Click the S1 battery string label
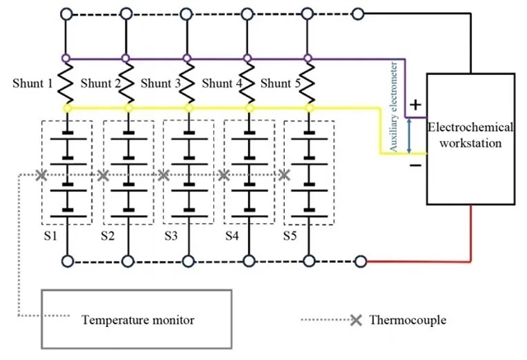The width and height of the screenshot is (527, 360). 49,236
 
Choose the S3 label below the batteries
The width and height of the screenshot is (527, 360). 171,236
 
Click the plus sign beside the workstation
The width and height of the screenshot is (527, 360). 415,106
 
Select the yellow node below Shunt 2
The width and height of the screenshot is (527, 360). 128,108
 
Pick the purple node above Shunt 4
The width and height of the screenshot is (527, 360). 250,58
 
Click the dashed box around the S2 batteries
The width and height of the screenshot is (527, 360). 128,174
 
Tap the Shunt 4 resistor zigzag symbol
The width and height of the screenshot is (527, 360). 250,83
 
